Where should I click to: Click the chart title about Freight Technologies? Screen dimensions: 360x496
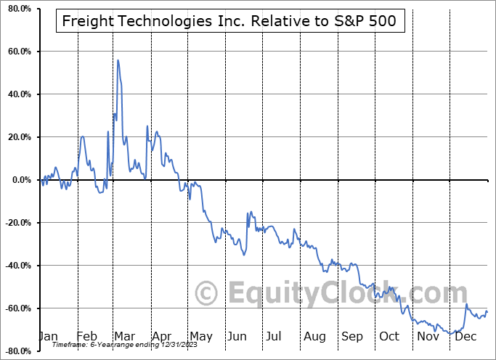tap(229, 21)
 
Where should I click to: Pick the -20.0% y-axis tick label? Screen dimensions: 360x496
tap(16, 223)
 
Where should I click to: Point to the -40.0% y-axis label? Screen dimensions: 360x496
tap(16, 266)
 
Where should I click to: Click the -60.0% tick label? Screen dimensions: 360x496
tap(16, 308)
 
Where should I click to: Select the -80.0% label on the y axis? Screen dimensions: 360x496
tap(16, 351)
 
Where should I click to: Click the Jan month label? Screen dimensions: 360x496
tap(47, 337)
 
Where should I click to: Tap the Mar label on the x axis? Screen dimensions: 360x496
tap(123, 337)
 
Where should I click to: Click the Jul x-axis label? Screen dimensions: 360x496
tap(275, 337)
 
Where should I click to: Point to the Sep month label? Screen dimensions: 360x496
tap(351, 337)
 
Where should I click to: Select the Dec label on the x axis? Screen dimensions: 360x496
tap(466, 337)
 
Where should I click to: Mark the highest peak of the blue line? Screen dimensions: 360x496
tap(118, 60)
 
